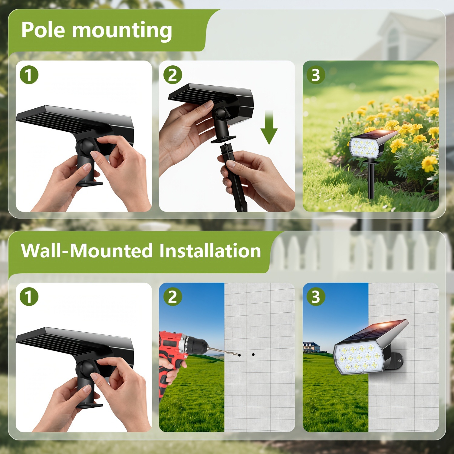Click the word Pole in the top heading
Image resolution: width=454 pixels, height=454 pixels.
point(43,30)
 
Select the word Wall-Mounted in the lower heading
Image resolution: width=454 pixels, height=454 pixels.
point(87,251)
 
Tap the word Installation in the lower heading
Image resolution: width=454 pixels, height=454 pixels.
point(210,251)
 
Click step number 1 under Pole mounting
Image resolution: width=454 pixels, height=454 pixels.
point(29,75)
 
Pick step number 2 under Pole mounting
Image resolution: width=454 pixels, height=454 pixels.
point(173,75)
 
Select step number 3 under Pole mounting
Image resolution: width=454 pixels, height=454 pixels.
point(316,75)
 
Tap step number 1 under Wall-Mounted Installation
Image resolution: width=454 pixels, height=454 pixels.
point(29,297)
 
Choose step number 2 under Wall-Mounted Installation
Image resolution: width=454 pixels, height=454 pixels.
point(173,297)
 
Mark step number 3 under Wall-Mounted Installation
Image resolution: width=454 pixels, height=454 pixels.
point(316,297)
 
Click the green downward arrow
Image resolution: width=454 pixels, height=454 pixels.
point(269,127)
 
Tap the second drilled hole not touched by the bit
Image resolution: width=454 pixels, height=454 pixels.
point(253,354)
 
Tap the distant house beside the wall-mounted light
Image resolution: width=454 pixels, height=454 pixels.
point(311,347)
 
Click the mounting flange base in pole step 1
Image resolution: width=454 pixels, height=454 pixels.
point(89,183)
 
